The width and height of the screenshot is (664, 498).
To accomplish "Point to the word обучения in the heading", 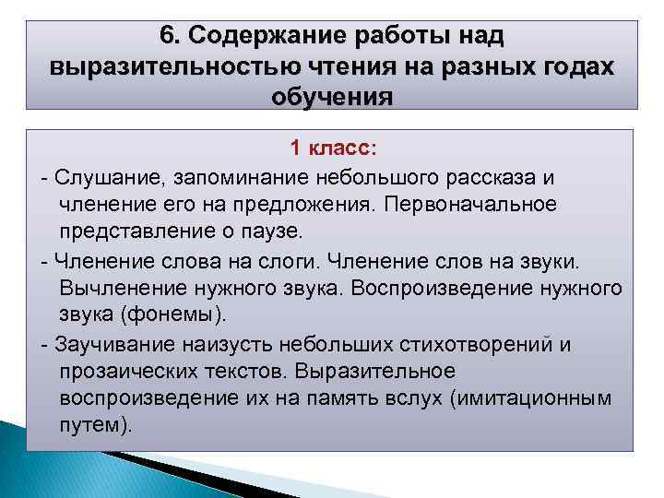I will point(331,97).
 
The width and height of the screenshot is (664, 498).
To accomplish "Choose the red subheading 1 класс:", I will point(333,148).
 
